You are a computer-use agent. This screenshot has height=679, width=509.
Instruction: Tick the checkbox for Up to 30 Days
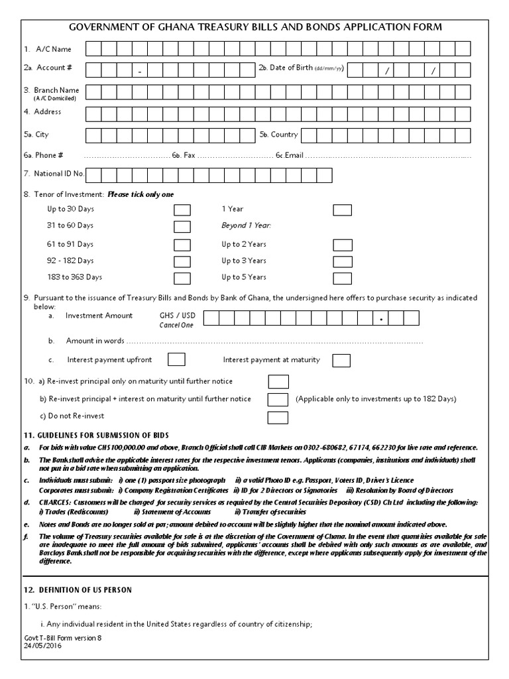[x=182, y=210]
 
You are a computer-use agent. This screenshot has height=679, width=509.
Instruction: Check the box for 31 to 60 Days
[x=182, y=227]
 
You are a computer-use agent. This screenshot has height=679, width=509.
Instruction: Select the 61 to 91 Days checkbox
[x=182, y=245]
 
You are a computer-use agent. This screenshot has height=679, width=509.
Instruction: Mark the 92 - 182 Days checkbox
[x=182, y=261]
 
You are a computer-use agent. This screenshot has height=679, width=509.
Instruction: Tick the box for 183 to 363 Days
[x=182, y=278]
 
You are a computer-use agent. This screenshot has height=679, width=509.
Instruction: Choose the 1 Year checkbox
[x=342, y=210]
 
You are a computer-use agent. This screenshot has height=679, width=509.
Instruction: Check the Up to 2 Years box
[x=342, y=245]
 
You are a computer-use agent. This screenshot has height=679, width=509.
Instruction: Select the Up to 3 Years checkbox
[x=342, y=261]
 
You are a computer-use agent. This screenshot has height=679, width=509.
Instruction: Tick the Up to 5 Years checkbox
[x=342, y=278]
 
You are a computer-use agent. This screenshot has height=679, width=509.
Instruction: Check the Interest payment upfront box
[x=176, y=359]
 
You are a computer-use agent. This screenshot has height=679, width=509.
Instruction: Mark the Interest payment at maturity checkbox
[x=341, y=360]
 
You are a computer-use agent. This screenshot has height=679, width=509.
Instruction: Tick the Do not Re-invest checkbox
[x=278, y=417]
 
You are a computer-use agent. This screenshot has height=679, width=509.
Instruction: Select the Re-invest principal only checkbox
[x=278, y=382]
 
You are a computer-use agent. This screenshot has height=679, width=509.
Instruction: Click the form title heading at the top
[x=256, y=27]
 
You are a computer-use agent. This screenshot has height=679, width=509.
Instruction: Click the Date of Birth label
[x=290, y=68]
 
